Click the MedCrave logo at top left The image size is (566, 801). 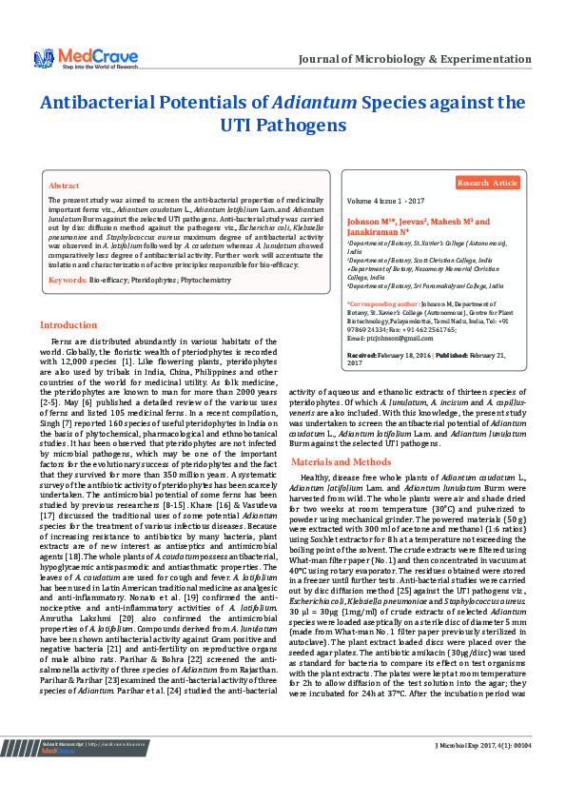(74, 59)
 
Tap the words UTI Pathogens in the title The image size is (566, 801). (283, 126)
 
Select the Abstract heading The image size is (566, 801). (64, 186)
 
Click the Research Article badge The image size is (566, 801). (487, 183)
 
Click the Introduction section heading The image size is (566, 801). (68, 324)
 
